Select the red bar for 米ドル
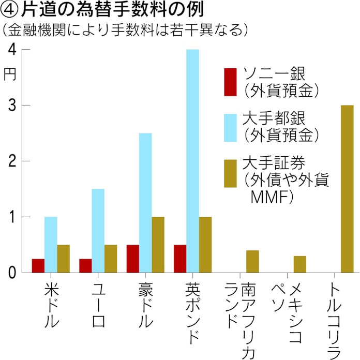(38, 265)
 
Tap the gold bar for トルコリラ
(347, 189)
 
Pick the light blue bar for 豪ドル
(145, 202)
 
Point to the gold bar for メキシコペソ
(300, 264)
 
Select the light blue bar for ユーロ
(98, 230)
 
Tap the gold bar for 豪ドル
(158, 244)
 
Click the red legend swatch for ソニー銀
(230, 82)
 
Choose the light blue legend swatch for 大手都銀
(230, 127)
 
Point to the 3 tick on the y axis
(11, 105)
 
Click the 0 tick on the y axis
(11, 272)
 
